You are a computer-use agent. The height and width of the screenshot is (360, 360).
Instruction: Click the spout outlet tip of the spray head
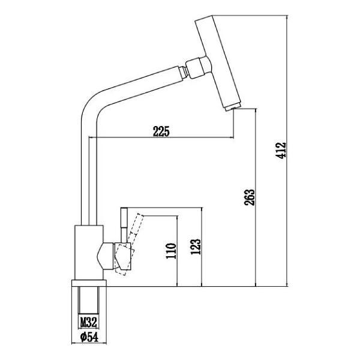pos(233,107)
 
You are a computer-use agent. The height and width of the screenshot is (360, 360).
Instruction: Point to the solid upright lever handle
pos(124,225)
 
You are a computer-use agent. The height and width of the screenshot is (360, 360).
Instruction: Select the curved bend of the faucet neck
pos(90,108)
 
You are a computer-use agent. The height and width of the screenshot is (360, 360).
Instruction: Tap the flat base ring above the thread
pos(89,284)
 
